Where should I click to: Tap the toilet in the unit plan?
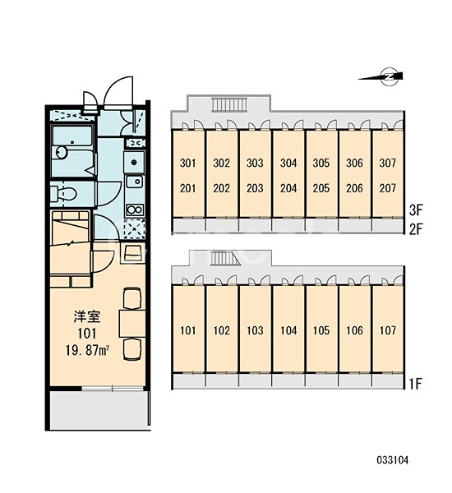click(63, 193)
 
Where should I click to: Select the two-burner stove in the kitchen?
click(135, 210)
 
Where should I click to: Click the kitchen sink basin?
click(135, 182)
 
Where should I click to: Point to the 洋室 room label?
click(87, 316)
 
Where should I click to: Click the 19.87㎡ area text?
click(87, 350)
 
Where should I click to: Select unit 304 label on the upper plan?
click(288, 163)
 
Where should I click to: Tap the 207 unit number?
click(388, 188)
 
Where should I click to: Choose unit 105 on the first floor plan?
click(321, 330)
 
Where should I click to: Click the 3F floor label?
click(416, 210)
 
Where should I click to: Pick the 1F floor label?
click(416, 384)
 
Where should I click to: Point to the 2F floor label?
click(416, 229)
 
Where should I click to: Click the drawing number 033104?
click(393, 460)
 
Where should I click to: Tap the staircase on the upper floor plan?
click(229, 104)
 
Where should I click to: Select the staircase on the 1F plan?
click(223, 259)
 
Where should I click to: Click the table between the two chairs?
click(132, 324)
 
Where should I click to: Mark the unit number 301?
click(187, 163)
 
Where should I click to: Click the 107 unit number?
click(388, 330)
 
